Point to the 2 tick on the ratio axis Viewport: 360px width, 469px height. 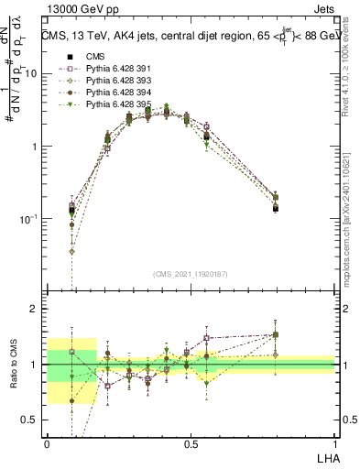coord(34,309)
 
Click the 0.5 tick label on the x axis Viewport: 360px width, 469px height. coord(191,442)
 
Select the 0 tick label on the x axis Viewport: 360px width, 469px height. coord(47,442)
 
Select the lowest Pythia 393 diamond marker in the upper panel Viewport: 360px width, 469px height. coord(71,250)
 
